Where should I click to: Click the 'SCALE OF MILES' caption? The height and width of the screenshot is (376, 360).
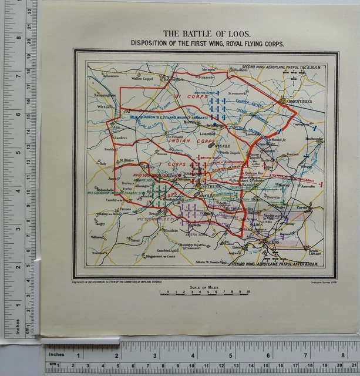point(204,287)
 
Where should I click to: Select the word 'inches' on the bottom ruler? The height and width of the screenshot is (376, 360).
point(56,355)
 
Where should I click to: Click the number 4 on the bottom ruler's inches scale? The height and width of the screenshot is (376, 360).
point(193,355)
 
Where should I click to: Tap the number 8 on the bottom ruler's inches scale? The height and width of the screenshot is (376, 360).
point(343,355)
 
